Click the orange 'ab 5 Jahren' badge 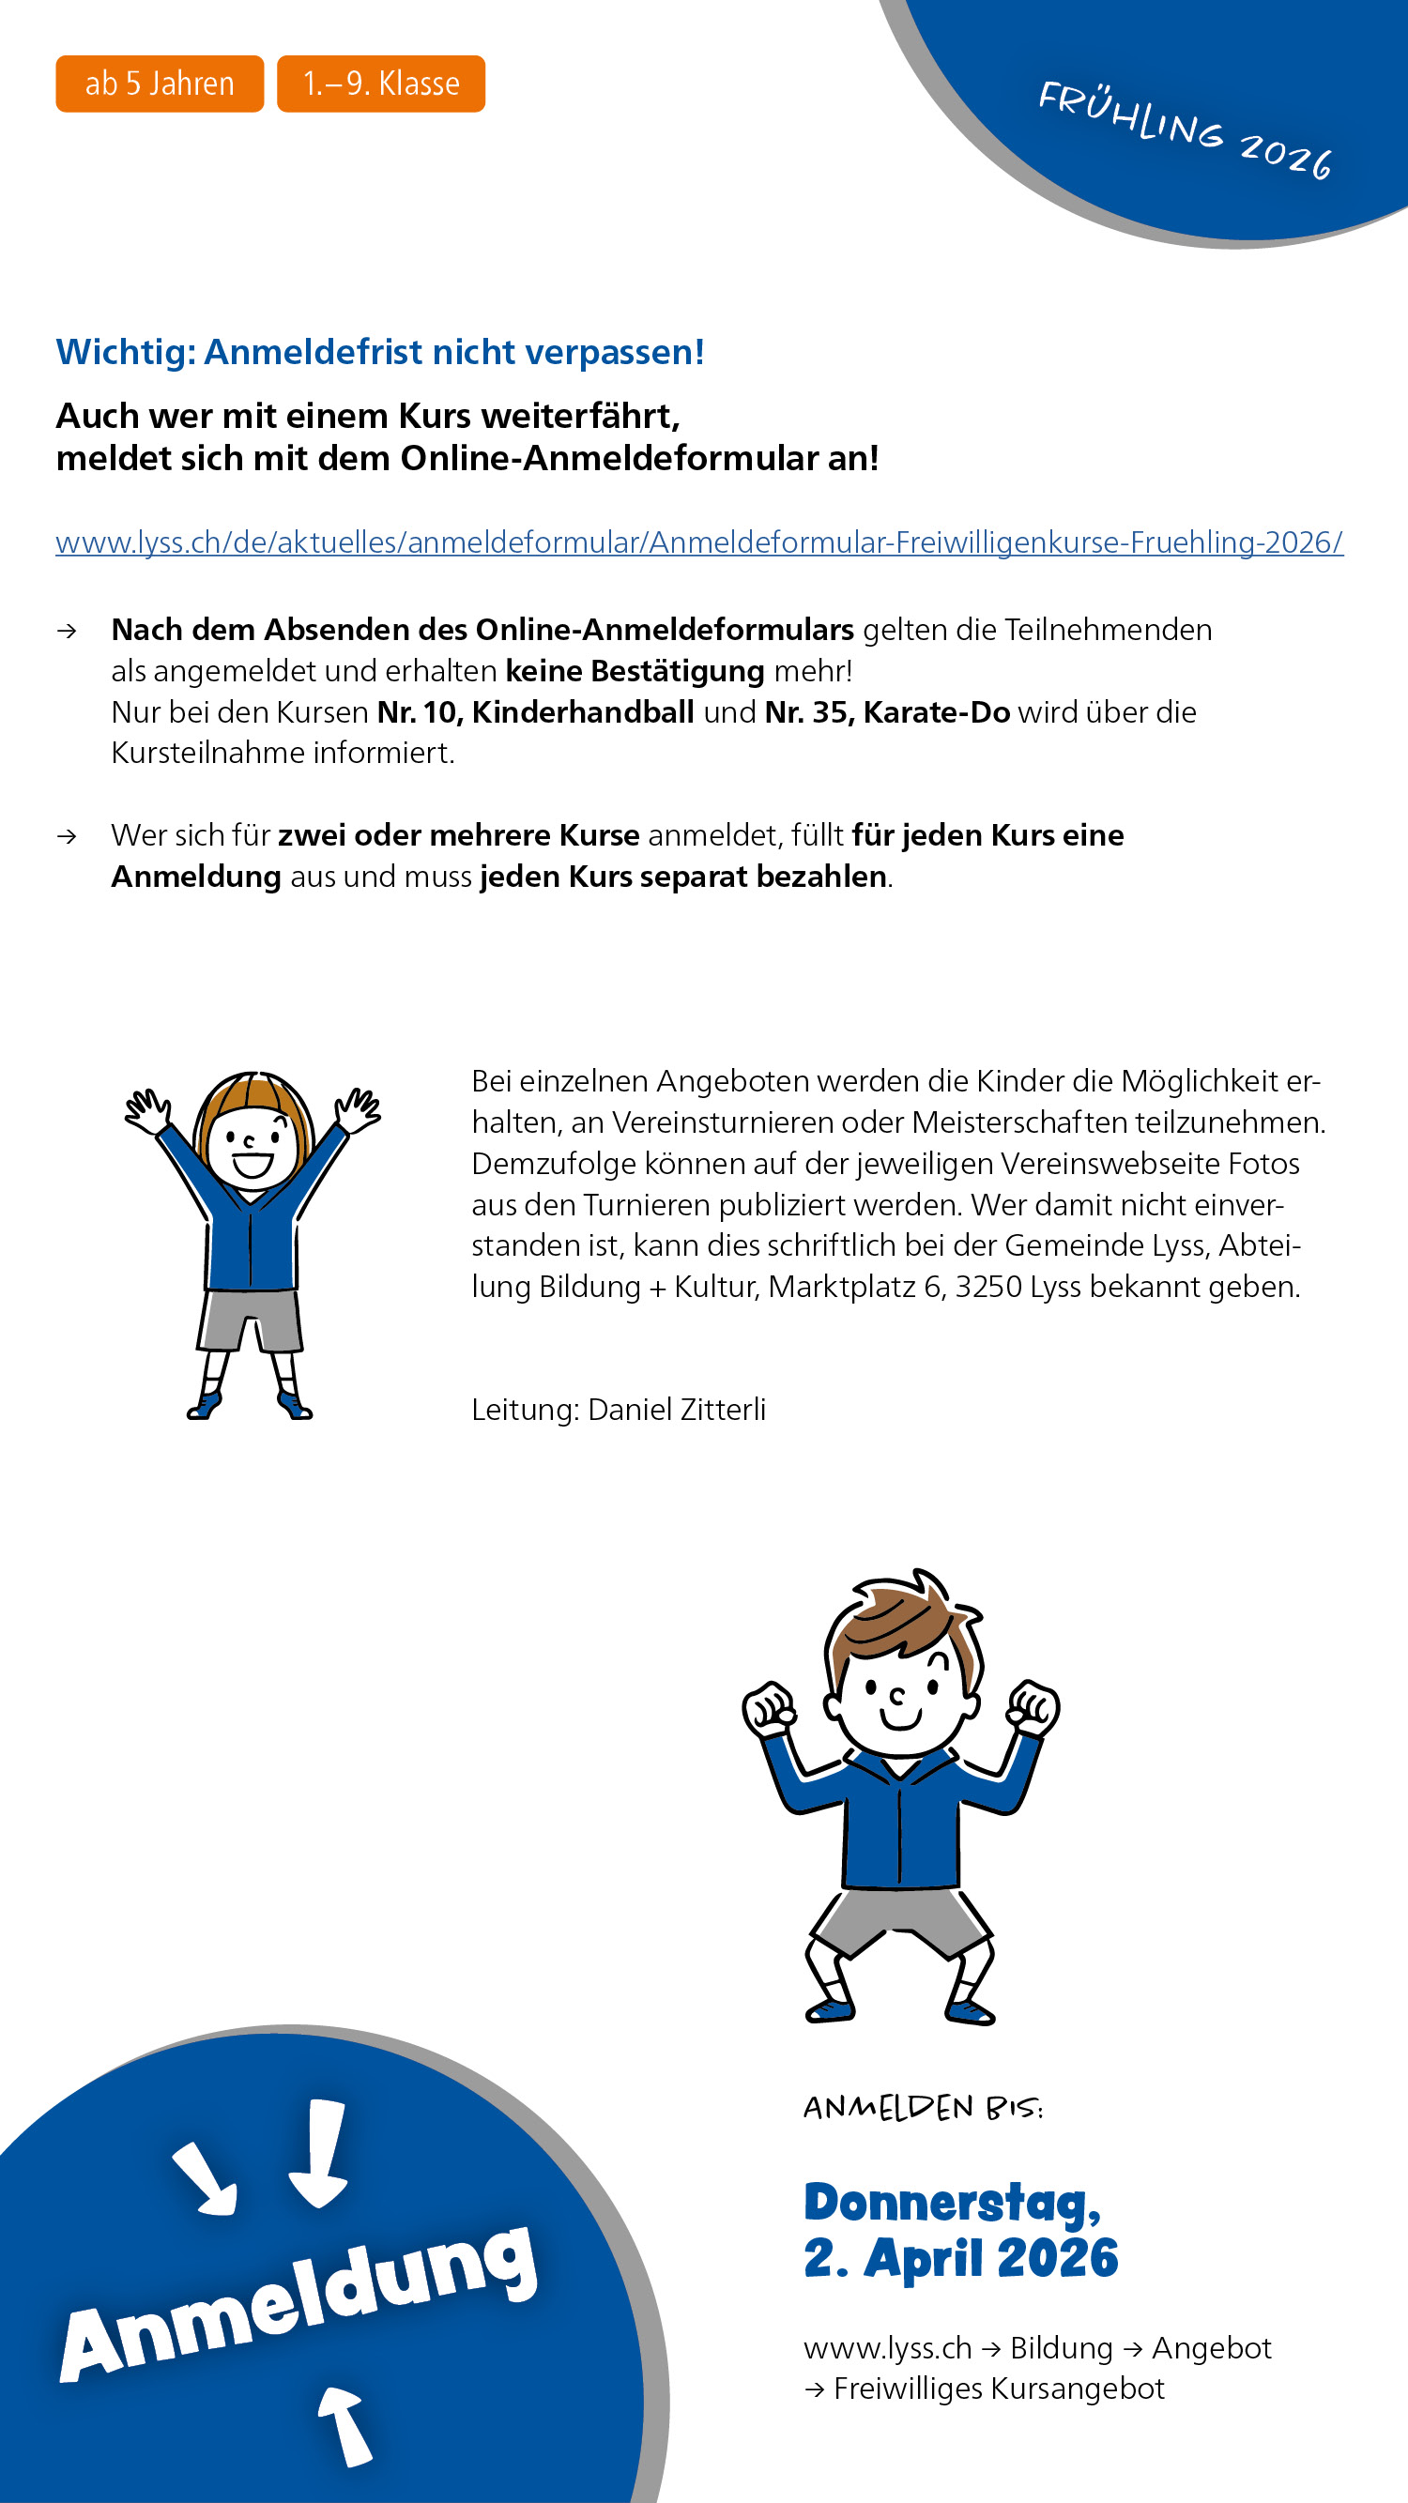click(x=160, y=84)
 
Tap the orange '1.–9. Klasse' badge click(x=381, y=84)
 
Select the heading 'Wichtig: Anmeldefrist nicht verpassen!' click(x=380, y=352)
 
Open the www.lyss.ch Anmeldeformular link click(x=698, y=542)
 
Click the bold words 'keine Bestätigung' click(x=635, y=671)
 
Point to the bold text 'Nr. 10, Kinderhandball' click(x=535, y=712)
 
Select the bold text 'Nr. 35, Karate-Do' click(x=887, y=712)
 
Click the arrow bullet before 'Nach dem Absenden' click(x=67, y=632)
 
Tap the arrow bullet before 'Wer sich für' click(x=67, y=836)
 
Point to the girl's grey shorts click(x=251, y=1320)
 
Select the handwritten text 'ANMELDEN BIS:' click(x=922, y=2108)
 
